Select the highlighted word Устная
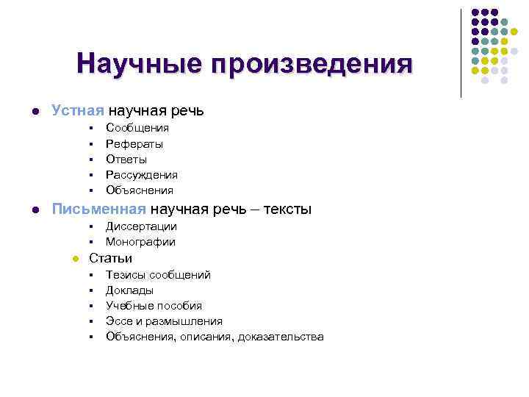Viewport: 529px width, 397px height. point(78,111)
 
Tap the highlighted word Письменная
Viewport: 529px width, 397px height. point(96,210)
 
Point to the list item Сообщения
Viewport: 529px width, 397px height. point(137,128)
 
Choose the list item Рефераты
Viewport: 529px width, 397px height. point(134,144)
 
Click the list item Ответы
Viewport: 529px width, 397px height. point(126,159)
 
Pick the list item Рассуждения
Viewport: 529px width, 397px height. point(142,175)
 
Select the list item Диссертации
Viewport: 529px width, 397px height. point(141,226)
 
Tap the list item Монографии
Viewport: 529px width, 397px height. point(140,242)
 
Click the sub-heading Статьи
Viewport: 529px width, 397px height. point(111,258)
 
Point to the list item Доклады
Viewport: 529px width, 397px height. point(129,290)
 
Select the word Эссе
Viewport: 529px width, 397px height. point(118,321)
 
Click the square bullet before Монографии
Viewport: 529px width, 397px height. point(89,243)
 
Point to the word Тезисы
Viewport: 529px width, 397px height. point(126,275)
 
